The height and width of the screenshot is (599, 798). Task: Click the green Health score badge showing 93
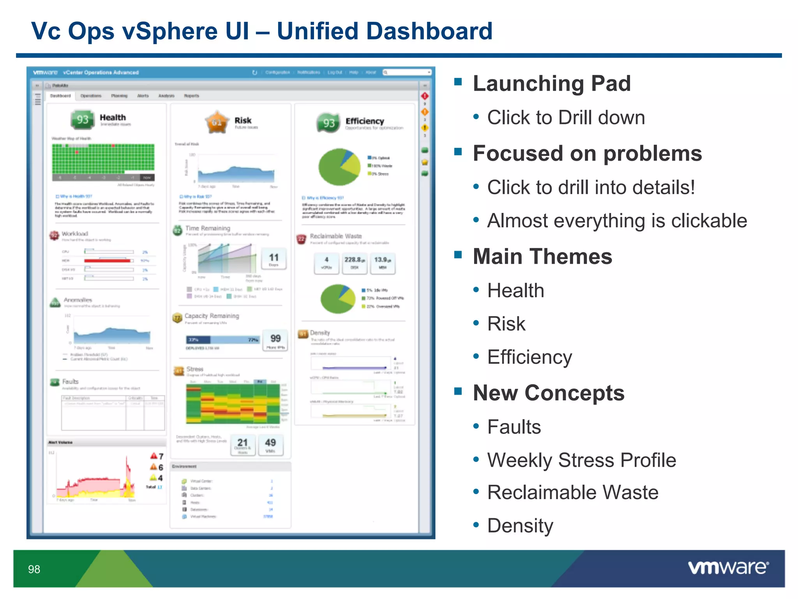point(82,119)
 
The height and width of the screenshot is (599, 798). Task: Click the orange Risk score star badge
point(217,122)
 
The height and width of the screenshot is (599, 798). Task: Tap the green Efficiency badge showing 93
point(328,123)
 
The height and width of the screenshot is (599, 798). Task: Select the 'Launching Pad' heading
point(551,83)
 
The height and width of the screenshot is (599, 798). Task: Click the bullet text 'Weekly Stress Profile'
point(581,460)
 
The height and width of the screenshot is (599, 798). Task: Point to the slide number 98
point(34,569)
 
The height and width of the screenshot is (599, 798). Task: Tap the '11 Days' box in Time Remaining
point(274,259)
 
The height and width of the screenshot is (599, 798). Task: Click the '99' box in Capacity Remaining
point(275,340)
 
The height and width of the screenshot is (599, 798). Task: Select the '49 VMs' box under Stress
point(270,445)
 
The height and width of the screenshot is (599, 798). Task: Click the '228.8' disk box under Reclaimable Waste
point(354,262)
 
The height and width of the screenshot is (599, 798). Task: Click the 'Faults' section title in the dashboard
point(70,381)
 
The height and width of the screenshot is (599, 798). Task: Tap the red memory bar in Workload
point(107,261)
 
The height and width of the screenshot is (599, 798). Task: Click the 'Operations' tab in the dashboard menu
point(90,96)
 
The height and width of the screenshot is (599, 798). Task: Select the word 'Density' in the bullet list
point(520,526)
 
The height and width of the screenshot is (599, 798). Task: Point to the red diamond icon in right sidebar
point(424,96)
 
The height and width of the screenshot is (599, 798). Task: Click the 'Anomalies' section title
point(78,300)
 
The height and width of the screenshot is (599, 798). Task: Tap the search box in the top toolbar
point(408,72)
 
